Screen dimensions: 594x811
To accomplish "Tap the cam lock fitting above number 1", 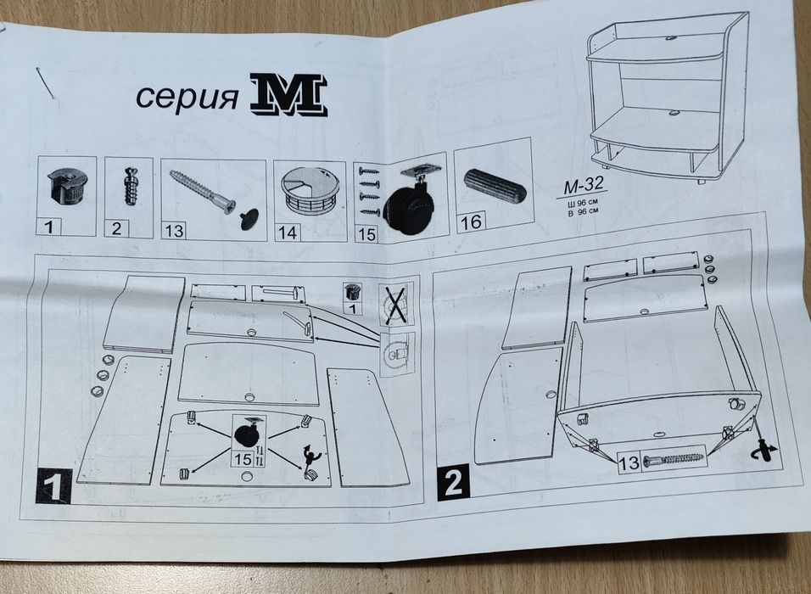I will coord(68,185).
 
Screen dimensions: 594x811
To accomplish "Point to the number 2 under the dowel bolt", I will coord(116,227).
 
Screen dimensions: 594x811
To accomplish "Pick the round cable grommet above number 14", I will coord(310,191).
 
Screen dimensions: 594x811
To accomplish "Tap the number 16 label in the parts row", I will coord(472,223).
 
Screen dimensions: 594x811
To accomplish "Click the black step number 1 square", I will coord(53,487).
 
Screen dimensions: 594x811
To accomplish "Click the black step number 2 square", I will coord(452,482).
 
